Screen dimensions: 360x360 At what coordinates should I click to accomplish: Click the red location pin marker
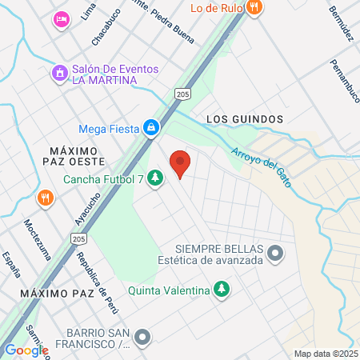click(x=181, y=163)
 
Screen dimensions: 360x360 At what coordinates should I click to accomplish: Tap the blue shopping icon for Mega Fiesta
click(x=150, y=127)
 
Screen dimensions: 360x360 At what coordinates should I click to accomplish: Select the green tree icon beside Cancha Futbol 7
click(x=156, y=178)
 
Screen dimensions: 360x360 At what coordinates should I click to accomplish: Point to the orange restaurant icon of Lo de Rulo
click(x=254, y=8)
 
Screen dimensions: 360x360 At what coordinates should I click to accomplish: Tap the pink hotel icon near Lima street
click(x=61, y=19)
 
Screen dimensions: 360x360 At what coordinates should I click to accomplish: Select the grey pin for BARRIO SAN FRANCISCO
click(x=142, y=337)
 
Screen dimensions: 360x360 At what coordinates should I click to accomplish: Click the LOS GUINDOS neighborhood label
click(x=245, y=118)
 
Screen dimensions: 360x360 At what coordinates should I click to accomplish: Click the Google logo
click(x=26, y=350)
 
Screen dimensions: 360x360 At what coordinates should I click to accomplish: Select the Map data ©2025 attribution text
click(x=325, y=354)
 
